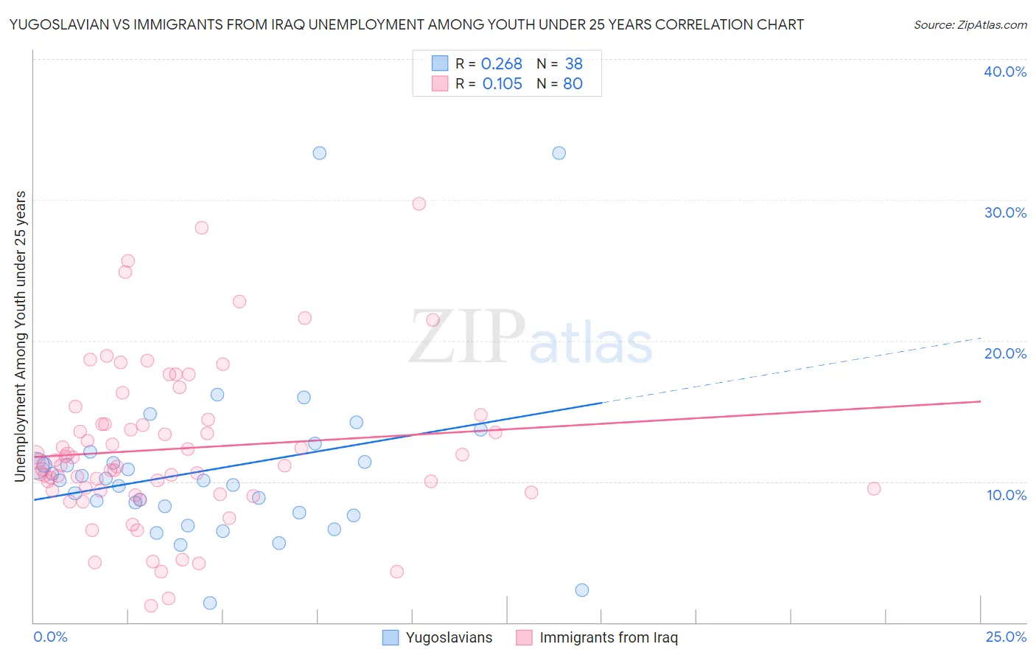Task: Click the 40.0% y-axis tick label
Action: coord(1005,72)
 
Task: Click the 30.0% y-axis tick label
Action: coord(1005,212)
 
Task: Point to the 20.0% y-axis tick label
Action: coord(1005,353)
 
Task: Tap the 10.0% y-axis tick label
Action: coord(1007,495)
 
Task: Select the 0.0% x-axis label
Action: coord(50,637)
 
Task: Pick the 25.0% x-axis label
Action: coord(1006,637)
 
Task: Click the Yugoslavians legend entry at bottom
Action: coord(438,637)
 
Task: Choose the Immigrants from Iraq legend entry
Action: coord(597,637)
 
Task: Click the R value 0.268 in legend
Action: coord(501,64)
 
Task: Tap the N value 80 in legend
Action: coord(573,84)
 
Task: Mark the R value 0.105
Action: coord(502,84)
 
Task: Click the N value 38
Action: coord(573,64)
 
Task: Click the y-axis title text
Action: coord(21,336)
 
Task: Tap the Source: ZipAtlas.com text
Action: coord(970,24)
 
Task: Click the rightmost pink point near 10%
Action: coord(874,488)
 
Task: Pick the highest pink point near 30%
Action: coord(419,204)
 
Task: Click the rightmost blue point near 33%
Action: coord(559,153)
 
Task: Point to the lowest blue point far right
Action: coord(582,590)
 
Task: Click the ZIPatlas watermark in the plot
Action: coord(531,338)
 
